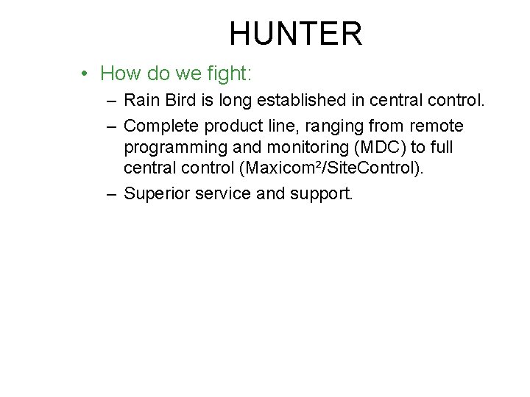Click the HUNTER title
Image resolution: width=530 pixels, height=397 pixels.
(x=295, y=34)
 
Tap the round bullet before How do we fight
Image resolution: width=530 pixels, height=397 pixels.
(x=86, y=74)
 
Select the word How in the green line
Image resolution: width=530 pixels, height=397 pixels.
(x=119, y=74)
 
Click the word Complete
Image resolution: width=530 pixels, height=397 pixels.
(x=158, y=126)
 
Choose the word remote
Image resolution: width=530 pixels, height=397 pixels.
(x=437, y=126)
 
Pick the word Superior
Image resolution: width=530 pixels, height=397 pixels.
(x=155, y=194)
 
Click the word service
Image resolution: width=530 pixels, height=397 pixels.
(x=222, y=194)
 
